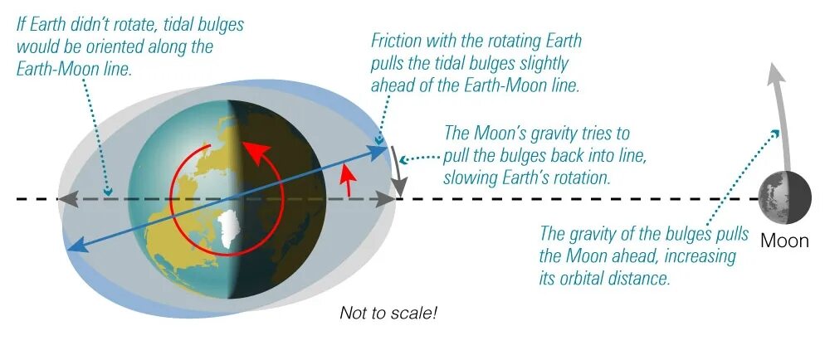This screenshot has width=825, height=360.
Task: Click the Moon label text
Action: [x=784, y=241]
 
